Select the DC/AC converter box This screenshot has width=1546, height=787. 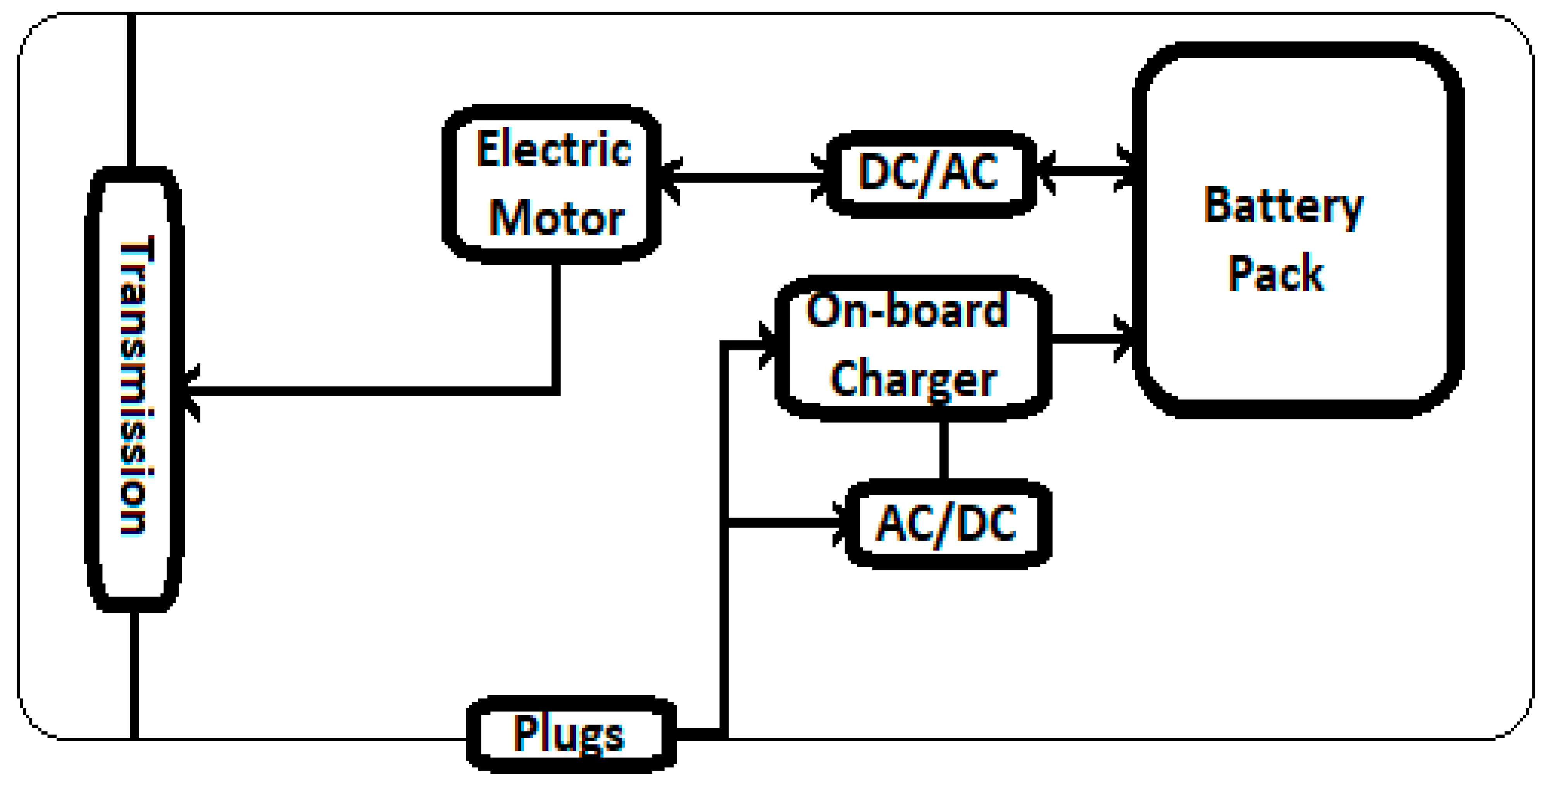(x=930, y=174)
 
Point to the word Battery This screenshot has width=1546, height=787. (x=1283, y=207)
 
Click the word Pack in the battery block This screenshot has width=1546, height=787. (x=1275, y=274)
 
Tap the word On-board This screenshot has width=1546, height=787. (x=906, y=311)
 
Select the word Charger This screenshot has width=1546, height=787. (x=913, y=380)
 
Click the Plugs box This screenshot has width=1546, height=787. (x=570, y=733)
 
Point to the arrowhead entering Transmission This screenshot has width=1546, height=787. (x=191, y=392)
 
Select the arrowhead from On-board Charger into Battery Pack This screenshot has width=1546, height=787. (x=1124, y=340)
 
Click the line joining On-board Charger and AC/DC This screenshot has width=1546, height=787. (x=943, y=450)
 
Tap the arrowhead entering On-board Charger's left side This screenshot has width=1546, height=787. (x=768, y=345)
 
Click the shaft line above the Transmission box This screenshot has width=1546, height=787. (x=131, y=90)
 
